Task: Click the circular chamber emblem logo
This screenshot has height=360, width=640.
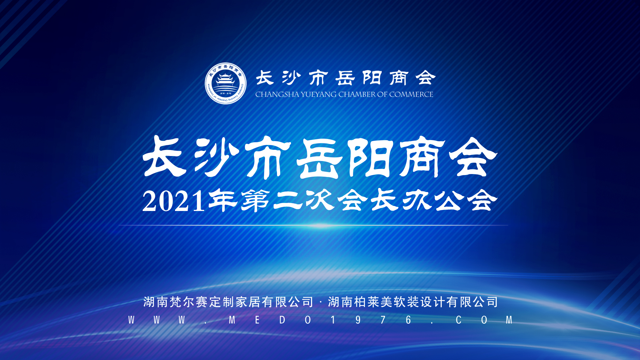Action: (226, 83)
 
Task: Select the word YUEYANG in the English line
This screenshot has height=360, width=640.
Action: (319, 94)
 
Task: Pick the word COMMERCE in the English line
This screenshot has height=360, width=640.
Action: (411, 94)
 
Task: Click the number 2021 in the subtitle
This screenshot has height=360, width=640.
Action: (173, 201)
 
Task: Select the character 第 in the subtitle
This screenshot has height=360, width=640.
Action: (255, 201)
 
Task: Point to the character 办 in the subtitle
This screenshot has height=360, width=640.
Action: (417, 200)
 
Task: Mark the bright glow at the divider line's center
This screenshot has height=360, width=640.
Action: (322, 226)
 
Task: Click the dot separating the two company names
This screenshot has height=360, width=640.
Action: (320, 303)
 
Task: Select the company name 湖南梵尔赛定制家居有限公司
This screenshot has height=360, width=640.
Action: (228, 302)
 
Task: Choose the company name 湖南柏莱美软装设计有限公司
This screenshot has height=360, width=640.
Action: (413, 302)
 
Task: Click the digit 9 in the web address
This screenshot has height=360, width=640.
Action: (358, 320)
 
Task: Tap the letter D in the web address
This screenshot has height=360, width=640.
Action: (282, 320)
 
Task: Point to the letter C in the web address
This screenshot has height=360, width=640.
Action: (459, 320)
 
